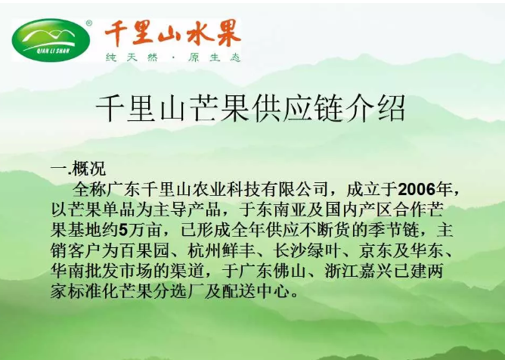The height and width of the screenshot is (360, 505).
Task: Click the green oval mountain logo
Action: click(x=51, y=40)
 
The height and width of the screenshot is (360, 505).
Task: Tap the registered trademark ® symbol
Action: click(x=89, y=23)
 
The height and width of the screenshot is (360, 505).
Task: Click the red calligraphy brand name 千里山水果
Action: click(x=172, y=33)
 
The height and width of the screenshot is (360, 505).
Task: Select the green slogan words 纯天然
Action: click(x=132, y=57)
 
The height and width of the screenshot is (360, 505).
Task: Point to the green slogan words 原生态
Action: click(x=214, y=57)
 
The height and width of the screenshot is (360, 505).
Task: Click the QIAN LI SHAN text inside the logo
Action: click(x=53, y=51)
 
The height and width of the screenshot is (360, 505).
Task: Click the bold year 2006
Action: click(x=417, y=189)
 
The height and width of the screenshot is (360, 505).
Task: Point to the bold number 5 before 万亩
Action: click(x=123, y=231)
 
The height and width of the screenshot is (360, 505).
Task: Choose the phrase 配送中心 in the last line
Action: click(x=255, y=292)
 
